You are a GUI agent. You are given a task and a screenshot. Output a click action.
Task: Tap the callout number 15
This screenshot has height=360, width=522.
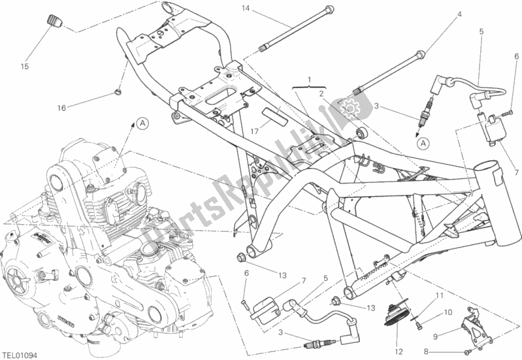pos(24,66)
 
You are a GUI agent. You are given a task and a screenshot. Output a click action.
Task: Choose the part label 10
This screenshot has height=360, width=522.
pos(448,312)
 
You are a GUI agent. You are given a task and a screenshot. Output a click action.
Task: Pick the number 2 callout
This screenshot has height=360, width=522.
pos(321,93)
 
